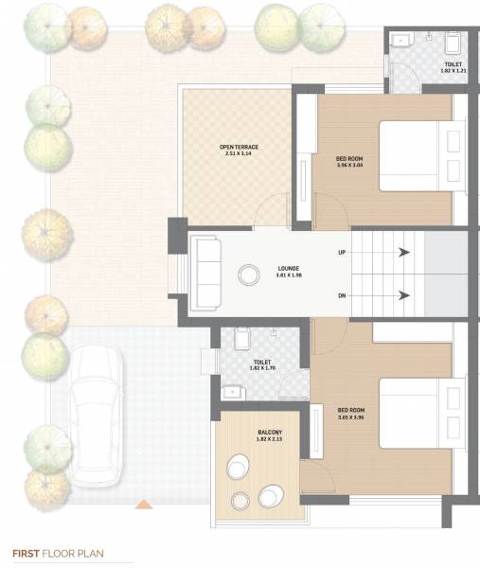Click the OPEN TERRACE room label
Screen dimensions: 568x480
click(239, 150)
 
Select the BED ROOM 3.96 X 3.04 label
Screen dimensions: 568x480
click(349, 160)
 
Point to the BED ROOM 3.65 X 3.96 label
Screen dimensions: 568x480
click(350, 413)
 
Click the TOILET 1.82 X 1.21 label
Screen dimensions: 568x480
click(453, 67)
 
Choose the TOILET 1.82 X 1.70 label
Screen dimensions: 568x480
click(261, 364)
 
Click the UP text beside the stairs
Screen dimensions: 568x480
click(342, 253)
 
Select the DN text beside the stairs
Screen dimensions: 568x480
click(342, 295)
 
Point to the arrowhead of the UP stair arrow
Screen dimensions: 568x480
click(404, 253)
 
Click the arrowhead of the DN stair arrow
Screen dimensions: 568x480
click(404, 295)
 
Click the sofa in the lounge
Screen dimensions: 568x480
click(205, 272)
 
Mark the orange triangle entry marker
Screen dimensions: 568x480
click(143, 505)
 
